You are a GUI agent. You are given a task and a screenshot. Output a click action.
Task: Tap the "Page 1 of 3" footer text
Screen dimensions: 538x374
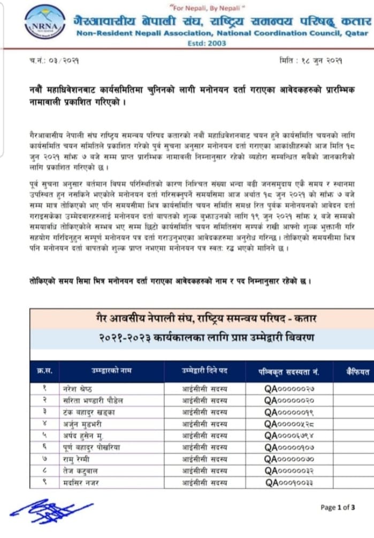point(338,507)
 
